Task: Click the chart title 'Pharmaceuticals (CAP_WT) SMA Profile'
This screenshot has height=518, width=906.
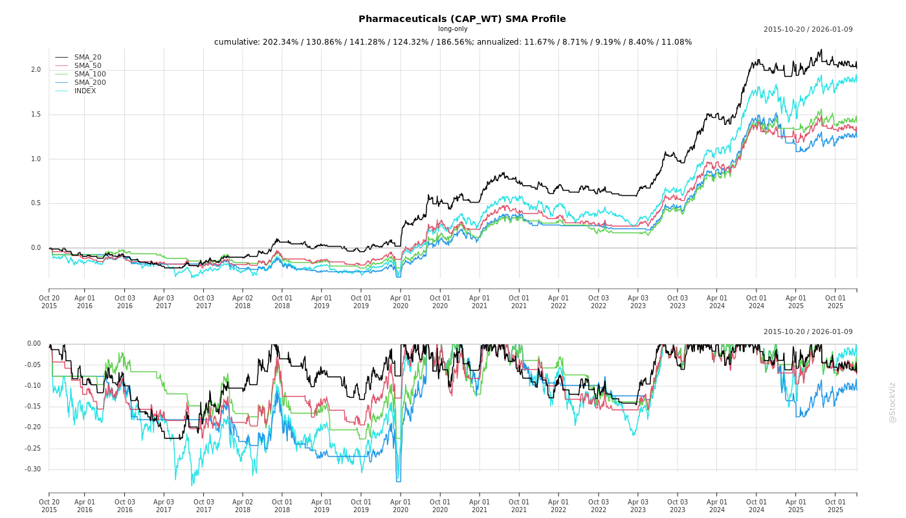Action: pyautogui.click(x=462, y=19)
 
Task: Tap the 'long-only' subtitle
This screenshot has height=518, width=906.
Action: pyautogui.click(x=452, y=29)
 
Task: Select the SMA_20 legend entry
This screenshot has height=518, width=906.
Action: pyautogui.click(x=87, y=57)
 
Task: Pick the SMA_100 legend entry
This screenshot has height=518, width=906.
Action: pyautogui.click(x=89, y=74)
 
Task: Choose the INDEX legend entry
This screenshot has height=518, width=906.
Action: pyautogui.click(x=85, y=91)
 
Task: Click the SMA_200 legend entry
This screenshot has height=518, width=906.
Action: pyautogui.click(x=89, y=82)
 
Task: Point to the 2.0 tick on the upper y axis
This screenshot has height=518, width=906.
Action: pyautogui.click(x=36, y=70)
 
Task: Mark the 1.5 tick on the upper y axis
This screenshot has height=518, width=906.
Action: pyautogui.click(x=36, y=115)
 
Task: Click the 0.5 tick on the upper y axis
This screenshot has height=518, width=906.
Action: pyautogui.click(x=36, y=203)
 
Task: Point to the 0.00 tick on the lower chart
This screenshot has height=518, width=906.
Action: pyautogui.click(x=34, y=344)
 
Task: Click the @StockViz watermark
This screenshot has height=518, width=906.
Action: pyautogui.click(x=892, y=402)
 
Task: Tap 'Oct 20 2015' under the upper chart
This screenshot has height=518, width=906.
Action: pyautogui.click(x=49, y=302)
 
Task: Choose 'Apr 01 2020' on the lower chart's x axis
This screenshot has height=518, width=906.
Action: pyautogui.click(x=401, y=506)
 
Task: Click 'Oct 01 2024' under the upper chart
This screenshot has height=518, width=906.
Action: pyautogui.click(x=756, y=302)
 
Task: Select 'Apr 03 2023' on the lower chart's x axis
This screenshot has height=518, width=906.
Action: pyautogui.click(x=637, y=506)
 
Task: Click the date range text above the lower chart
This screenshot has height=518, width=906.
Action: pyautogui.click(x=808, y=332)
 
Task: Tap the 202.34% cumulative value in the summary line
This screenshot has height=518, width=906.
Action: pyautogui.click(x=280, y=42)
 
